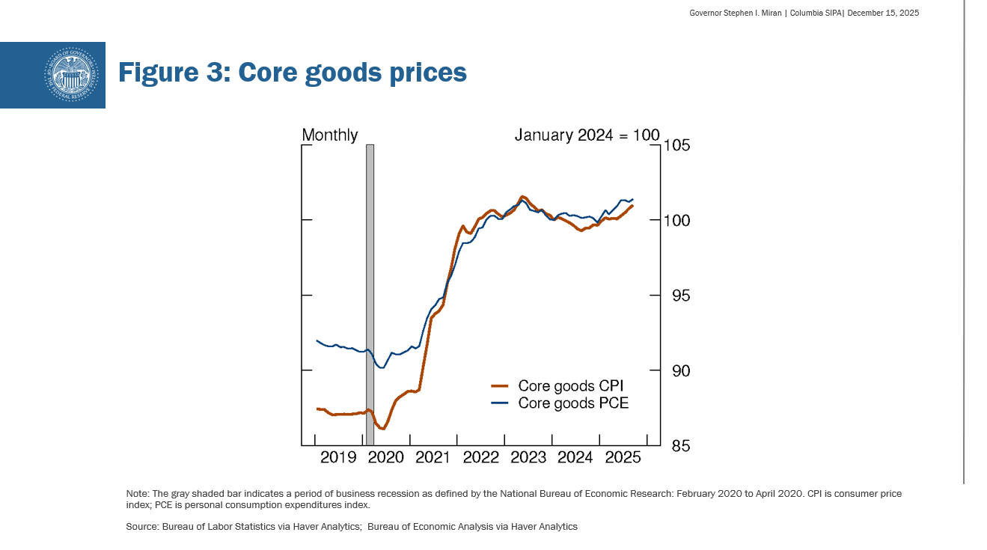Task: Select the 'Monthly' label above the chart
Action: [329, 135]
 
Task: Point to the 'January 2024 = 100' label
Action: [587, 135]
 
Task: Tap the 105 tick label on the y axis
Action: [676, 145]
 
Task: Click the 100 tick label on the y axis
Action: [676, 221]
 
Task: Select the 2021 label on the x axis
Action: [433, 458]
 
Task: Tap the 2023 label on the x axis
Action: [528, 458]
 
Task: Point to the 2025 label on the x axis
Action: [623, 458]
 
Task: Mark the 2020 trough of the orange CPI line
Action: [382, 429]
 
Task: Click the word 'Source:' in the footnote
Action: [141, 527]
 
